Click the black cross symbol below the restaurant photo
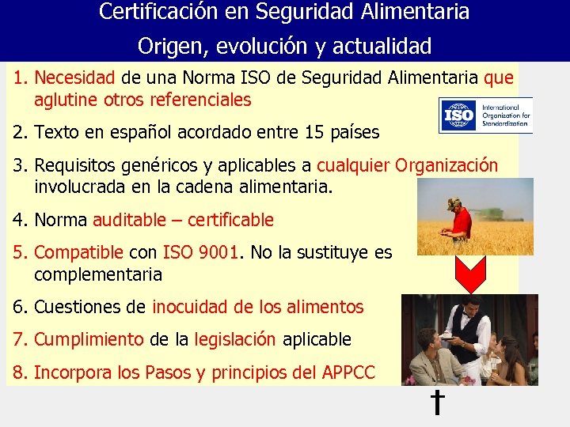coord(436,402)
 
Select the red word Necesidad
coord(75,78)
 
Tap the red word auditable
coord(130,220)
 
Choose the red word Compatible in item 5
coord(79,253)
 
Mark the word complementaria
coord(98,274)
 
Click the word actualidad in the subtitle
coord(383,46)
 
